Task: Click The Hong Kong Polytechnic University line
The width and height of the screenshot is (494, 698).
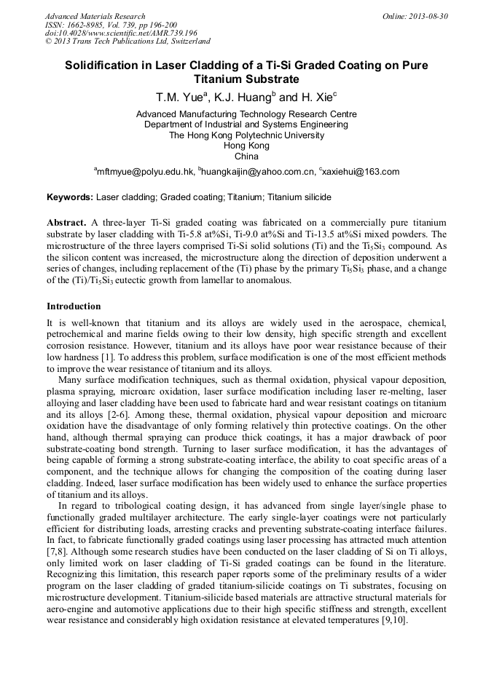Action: [246, 135]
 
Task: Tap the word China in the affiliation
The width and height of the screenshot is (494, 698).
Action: [246, 156]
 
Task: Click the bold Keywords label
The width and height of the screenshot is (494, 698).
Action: [70, 197]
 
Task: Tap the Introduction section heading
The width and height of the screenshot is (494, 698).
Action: [74, 306]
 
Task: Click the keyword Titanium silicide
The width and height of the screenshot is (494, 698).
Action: [299, 197]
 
